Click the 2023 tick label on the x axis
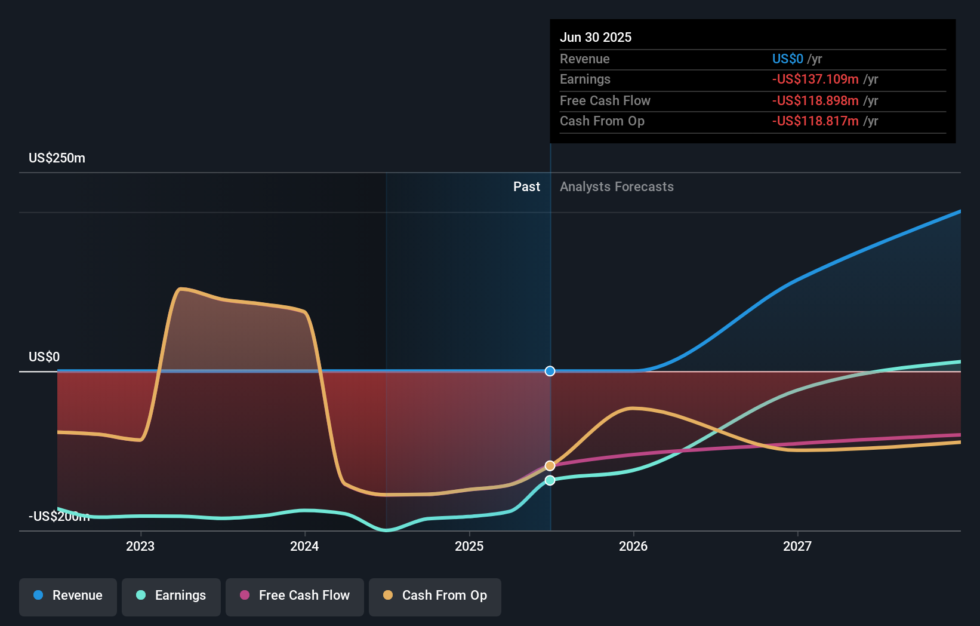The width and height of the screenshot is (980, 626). [x=140, y=546]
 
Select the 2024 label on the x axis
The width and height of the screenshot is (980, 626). [x=304, y=546]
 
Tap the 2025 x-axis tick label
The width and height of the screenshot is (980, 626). [x=469, y=546]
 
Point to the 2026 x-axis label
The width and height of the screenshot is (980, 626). [x=633, y=546]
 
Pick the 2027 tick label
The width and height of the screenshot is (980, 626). [x=797, y=546]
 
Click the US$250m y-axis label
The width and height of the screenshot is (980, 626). [x=57, y=158]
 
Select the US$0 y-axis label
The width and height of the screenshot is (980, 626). [x=44, y=357]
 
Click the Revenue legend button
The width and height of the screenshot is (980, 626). [x=68, y=596]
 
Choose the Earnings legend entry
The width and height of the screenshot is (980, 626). [x=171, y=596]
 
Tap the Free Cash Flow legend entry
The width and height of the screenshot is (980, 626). [x=295, y=596]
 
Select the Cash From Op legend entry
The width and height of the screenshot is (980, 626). [x=435, y=596]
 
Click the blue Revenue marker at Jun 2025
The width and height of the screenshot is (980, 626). [x=550, y=371]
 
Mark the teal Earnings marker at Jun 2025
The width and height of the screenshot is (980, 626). [x=550, y=480]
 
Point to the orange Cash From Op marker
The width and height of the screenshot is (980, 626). [x=550, y=465]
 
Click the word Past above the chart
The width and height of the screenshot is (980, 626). [x=526, y=186]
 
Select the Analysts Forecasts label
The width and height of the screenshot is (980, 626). [x=617, y=186]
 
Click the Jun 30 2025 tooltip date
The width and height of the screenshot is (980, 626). [x=596, y=37]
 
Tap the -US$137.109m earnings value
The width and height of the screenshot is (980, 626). [x=815, y=79]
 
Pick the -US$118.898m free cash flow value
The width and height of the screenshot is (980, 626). [x=815, y=100]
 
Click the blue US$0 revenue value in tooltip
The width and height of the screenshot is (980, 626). [x=788, y=59]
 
